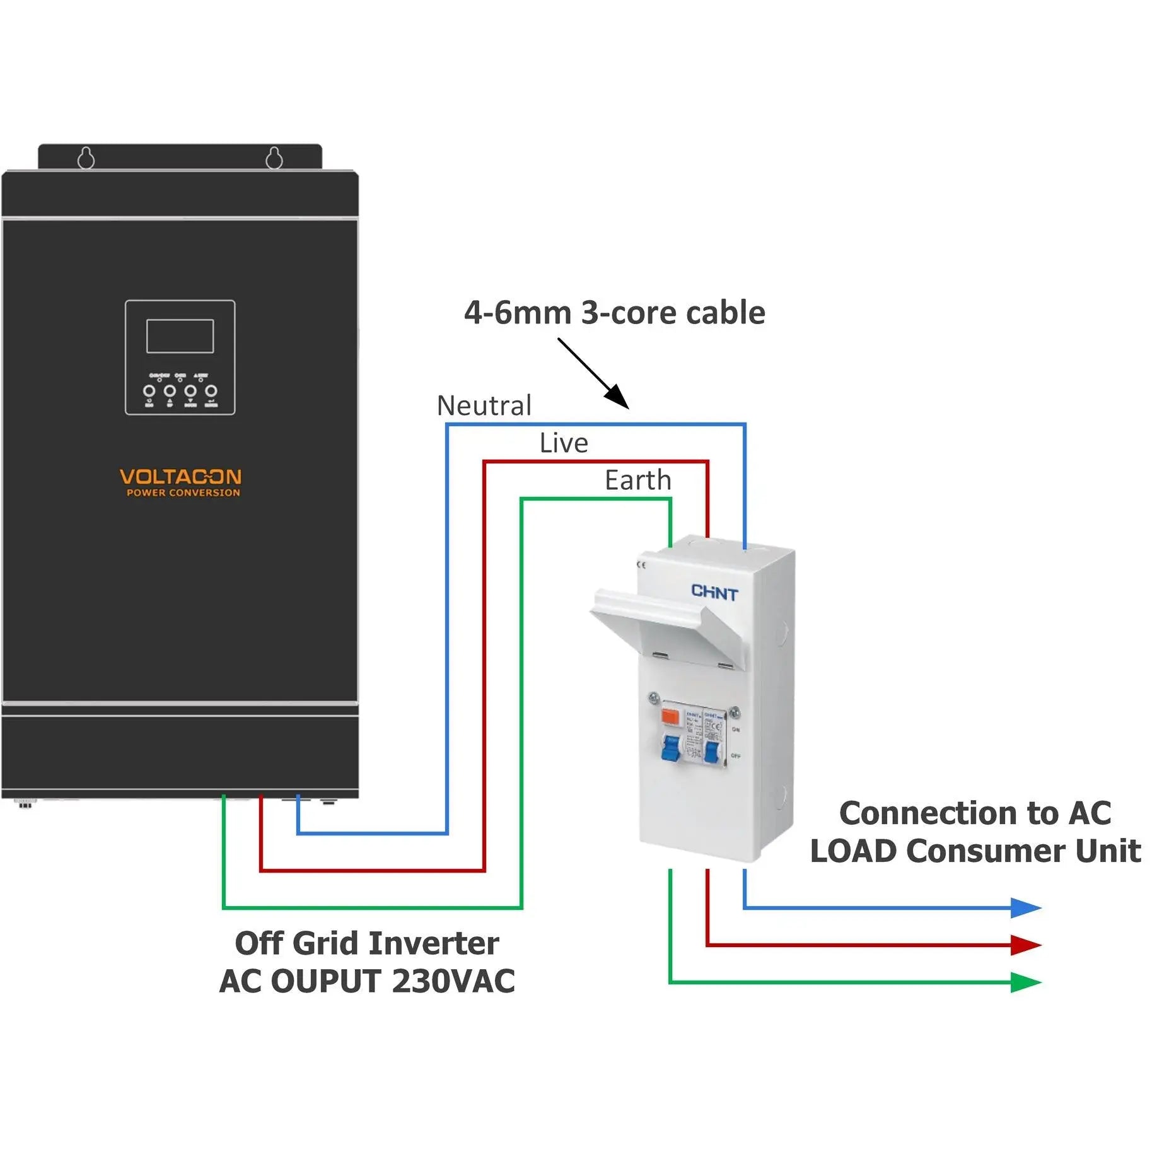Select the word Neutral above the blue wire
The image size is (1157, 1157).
point(484,405)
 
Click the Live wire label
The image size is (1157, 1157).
point(564,443)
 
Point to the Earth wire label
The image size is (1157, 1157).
point(638,480)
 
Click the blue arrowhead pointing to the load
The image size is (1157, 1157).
point(1024,908)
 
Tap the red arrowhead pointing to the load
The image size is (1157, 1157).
point(1024,945)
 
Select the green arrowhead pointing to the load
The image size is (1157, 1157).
point(1024,982)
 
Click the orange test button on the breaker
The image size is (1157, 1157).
point(670,716)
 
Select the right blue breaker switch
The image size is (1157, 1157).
point(712,752)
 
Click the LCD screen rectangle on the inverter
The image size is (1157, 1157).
point(180,336)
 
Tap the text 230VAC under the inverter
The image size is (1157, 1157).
point(453,981)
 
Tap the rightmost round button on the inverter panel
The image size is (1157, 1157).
point(211,391)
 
